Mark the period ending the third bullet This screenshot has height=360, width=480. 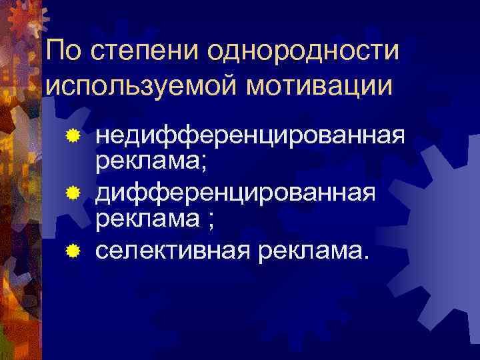coord(363,257)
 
